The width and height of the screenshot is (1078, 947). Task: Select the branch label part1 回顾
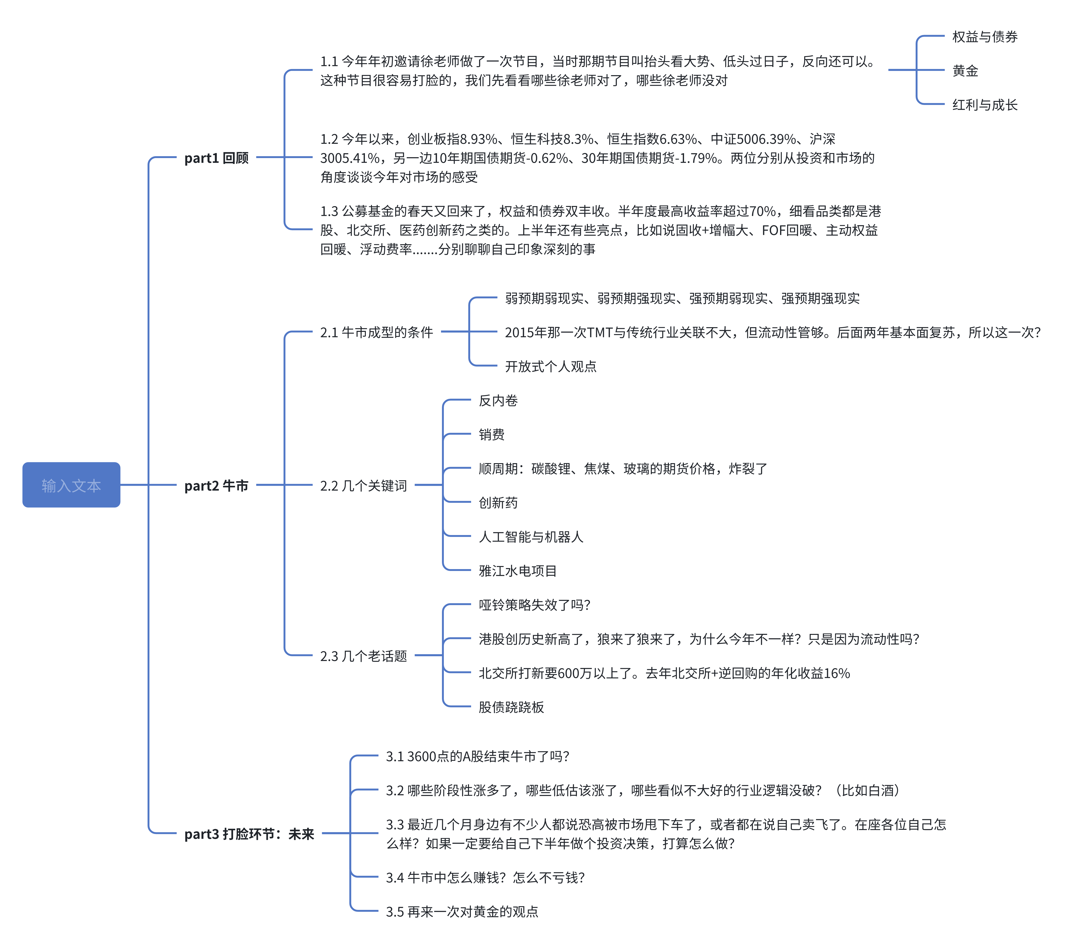point(216,158)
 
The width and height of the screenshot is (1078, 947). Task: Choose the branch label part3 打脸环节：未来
point(249,834)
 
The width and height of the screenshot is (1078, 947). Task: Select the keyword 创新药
point(498,502)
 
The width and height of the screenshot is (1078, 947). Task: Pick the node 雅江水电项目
point(517,571)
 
